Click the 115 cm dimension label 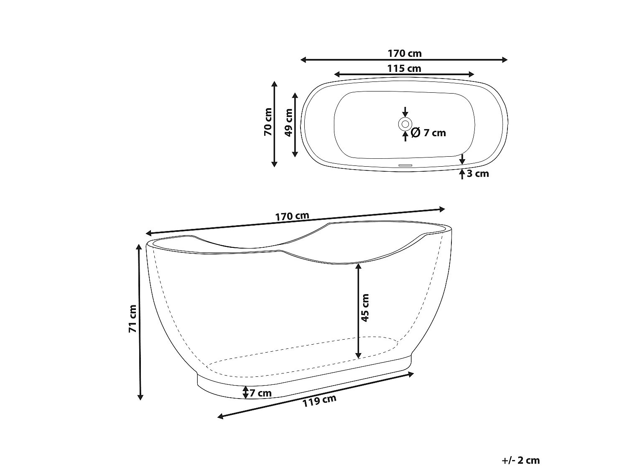tap(404, 69)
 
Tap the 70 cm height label tap(268, 122)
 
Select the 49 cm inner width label tap(289, 123)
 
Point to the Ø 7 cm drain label tap(428, 133)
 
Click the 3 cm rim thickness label tap(478, 173)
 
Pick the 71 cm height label tap(133, 319)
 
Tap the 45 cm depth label tap(365, 308)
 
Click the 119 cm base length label tap(319, 401)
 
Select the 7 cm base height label tap(260, 393)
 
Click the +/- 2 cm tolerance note tap(520, 460)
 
